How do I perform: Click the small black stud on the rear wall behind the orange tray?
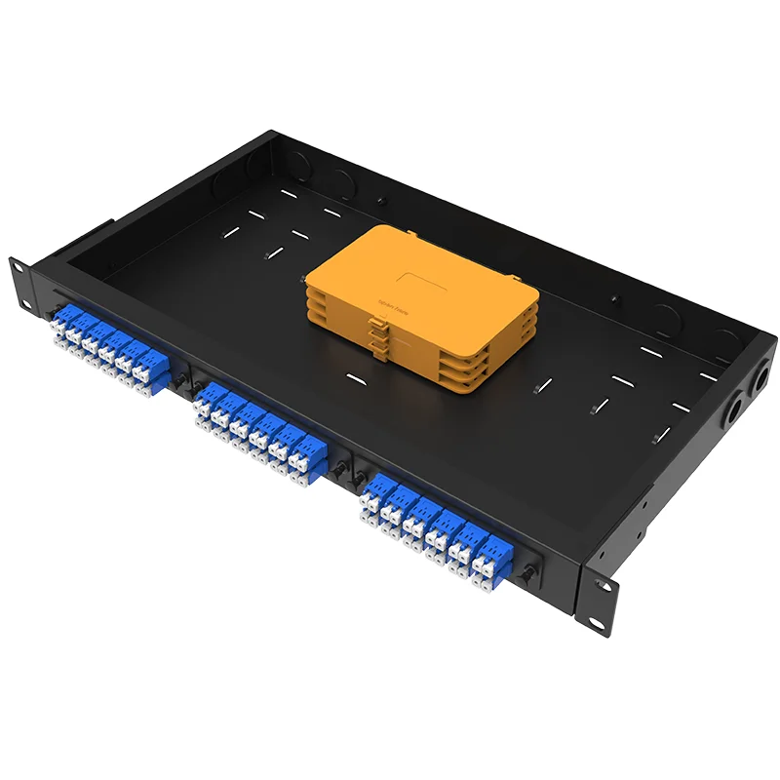click(x=381, y=202)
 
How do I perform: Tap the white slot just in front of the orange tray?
click(x=356, y=375)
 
